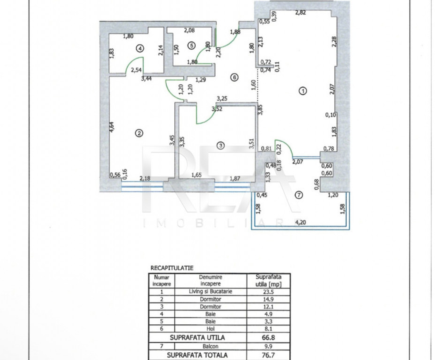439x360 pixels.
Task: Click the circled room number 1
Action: [x=303, y=91]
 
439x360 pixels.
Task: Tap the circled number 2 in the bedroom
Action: [x=139, y=133]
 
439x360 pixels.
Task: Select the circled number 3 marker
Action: [x=221, y=145]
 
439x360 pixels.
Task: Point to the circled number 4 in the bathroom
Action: [x=140, y=48]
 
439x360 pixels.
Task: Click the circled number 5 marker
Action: [x=191, y=45]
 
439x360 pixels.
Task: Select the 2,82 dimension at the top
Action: [x=301, y=13]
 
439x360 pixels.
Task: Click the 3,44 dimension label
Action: [x=146, y=79]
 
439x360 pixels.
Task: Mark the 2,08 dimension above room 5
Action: [x=189, y=31]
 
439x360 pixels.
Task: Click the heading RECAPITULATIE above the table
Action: [x=172, y=268]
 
